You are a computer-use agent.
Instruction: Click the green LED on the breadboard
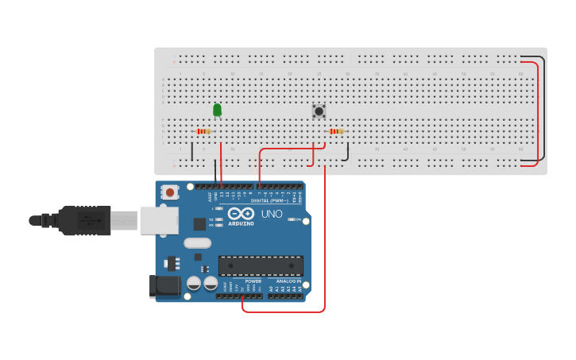[x=217, y=110]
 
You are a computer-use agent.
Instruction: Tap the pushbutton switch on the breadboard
[x=319, y=111]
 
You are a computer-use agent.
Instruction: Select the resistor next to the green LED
[x=203, y=131]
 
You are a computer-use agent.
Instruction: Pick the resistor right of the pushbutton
[x=337, y=131]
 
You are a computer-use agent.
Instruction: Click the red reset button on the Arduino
[x=170, y=192]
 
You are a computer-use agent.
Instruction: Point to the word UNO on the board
[x=272, y=214]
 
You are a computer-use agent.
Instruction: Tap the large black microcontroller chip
[x=261, y=265]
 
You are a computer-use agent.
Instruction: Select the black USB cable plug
[x=79, y=220]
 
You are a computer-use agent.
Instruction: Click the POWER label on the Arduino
[x=253, y=281]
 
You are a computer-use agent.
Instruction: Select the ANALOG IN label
[x=288, y=281]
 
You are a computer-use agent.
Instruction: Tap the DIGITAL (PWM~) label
[x=269, y=201]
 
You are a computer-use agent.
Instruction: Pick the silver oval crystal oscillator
[x=197, y=243]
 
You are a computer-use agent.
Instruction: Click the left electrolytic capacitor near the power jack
[x=193, y=283]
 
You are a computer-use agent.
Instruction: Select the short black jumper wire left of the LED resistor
[x=191, y=151]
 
